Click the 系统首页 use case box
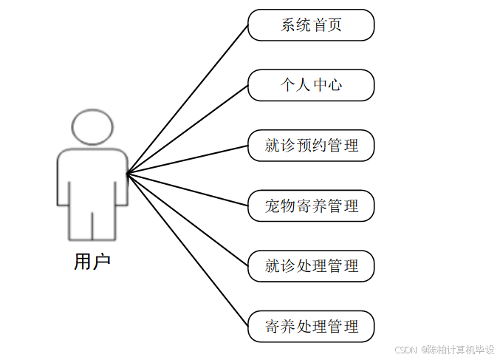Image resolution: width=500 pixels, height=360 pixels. click(311, 25)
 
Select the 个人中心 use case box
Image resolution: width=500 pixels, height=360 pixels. click(311, 85)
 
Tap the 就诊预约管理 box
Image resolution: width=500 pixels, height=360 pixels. click(311, 146)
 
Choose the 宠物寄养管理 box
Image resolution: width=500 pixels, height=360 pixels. click(311, 206)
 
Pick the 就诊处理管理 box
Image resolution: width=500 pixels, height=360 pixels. click(311, 266)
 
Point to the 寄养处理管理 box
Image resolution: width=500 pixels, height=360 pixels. click(311, 326)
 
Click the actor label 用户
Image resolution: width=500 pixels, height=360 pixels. click(92, 262)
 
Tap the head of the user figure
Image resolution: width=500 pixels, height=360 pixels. click(92, 127)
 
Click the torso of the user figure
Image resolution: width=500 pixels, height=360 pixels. click(92, 177)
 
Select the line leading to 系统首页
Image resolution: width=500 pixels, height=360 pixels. click(188, 100)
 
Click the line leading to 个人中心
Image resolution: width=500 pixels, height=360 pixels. click(188, 130)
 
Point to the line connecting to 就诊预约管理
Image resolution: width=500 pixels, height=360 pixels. click(188, 160)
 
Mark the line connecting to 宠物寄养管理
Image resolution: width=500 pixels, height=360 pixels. click(188, 190)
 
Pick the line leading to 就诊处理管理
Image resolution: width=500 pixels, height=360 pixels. click(188, 220)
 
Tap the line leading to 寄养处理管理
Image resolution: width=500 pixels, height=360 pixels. click(188, 250)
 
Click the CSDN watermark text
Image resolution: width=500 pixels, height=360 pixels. click(445, 350)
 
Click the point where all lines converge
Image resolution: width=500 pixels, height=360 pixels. click(127, 174)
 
